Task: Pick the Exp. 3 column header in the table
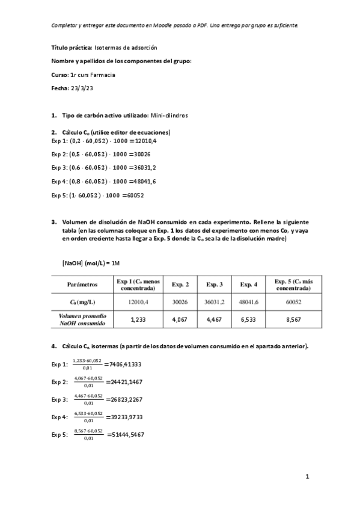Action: coord(215,284)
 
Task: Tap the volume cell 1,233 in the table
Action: coord(139,320)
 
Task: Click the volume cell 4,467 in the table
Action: coord(215,320)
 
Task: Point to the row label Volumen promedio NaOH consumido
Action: coord(82,320)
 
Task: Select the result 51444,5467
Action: coord(126,434)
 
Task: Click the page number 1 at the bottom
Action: coord(307,478)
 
